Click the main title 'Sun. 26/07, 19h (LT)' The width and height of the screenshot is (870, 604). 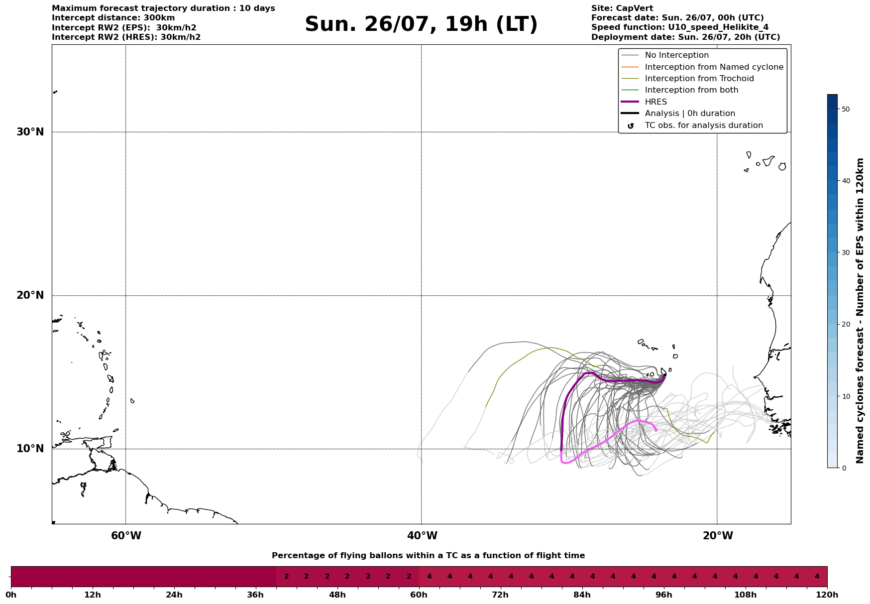pos(421,24)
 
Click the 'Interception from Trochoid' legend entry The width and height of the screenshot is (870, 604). pos(687,79)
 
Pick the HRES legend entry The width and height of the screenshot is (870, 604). pos(644,102)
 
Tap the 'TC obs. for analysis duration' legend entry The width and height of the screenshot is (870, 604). pos(692,125)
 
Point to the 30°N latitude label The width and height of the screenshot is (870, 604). pos(30,132)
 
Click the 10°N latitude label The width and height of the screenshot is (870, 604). pos(30,449)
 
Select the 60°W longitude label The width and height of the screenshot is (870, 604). pos(126,536)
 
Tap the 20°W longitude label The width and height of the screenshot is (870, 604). pos(717,536)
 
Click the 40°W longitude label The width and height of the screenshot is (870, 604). pos(422,536)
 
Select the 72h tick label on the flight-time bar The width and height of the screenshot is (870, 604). pos(500,595)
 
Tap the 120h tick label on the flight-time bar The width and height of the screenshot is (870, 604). pos(827,595)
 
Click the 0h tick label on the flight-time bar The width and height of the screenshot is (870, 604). pos(11,595)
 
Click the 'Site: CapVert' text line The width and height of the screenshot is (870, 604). pos(622,8)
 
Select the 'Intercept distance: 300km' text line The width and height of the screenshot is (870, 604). pos(113,18)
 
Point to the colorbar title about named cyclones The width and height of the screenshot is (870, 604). pos(860,311)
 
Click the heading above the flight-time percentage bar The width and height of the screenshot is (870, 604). pos(428,556)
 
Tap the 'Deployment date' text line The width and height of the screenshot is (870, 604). pos(686,37)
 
